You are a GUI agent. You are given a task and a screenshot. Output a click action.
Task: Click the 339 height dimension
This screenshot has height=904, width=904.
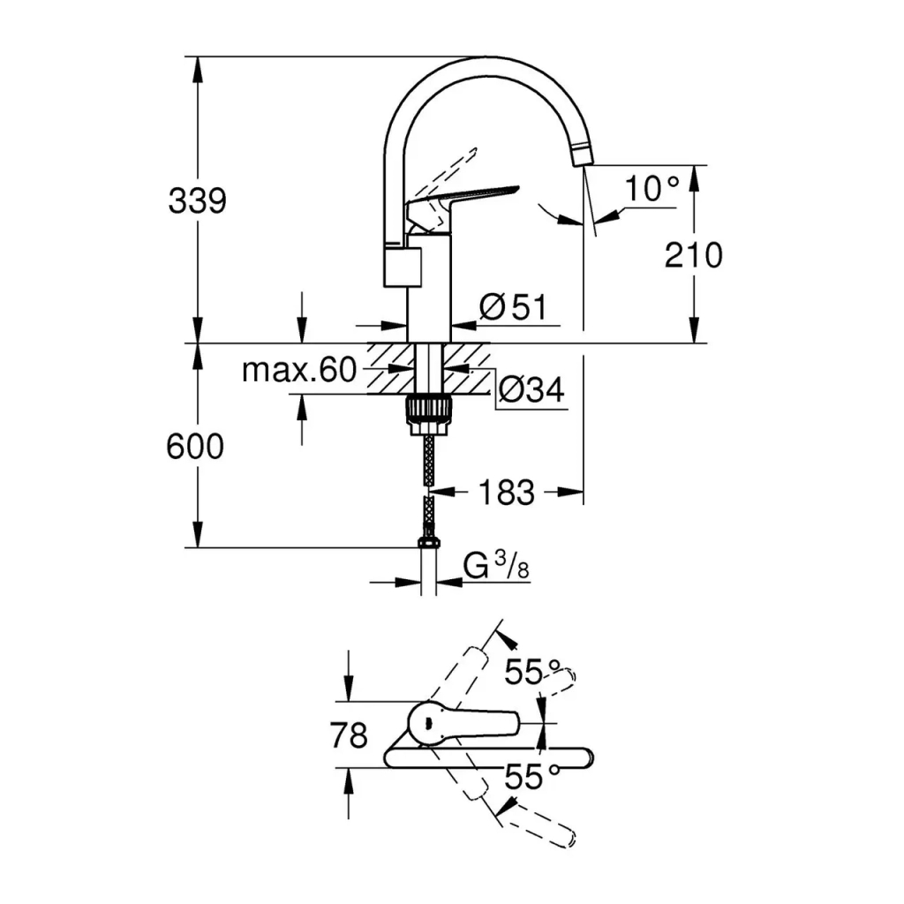tap(198, 201)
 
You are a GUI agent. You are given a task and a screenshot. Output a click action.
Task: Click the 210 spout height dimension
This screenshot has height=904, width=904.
tap(694, 255)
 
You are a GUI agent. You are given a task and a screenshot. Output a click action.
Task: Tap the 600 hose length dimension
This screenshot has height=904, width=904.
tap(196, 448)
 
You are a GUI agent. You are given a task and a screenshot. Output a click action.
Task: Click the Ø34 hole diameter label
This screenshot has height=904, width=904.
tap(531, 390)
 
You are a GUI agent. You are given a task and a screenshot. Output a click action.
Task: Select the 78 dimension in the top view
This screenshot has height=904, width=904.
tap(348, 734)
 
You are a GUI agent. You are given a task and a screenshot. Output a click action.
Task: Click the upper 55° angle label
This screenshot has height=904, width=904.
tap(533, 673)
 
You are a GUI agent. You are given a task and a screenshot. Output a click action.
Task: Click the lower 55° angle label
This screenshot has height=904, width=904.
tap(533, 777)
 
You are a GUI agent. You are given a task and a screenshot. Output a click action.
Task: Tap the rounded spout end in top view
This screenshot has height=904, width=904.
tap(583, 757)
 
